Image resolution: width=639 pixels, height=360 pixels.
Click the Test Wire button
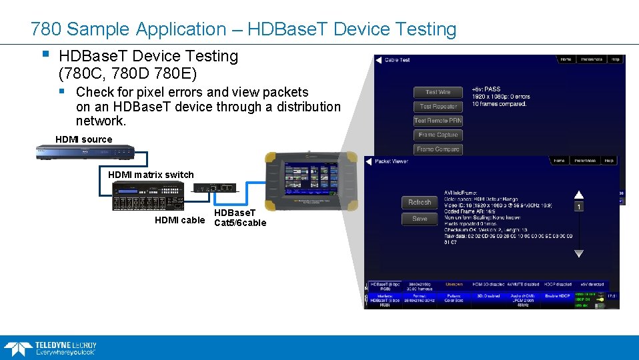[438, 92]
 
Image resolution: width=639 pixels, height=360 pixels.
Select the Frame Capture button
[438, 135]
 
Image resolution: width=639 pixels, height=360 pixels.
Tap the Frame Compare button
[438, 149]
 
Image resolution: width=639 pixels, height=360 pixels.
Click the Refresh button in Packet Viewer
[420, 202]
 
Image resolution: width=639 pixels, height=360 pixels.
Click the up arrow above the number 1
[578, 195]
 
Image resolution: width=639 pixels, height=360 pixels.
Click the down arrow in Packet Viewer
[578, 254]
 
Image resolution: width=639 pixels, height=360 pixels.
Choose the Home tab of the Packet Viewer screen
[559, 161]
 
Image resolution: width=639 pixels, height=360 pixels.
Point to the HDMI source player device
[87, 153]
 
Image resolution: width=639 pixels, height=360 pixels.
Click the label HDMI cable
[179, 220]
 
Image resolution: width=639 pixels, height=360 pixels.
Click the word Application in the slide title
[181, 29]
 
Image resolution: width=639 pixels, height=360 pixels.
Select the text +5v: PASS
[486, 89]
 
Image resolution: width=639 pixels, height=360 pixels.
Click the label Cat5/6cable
[239, 223]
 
